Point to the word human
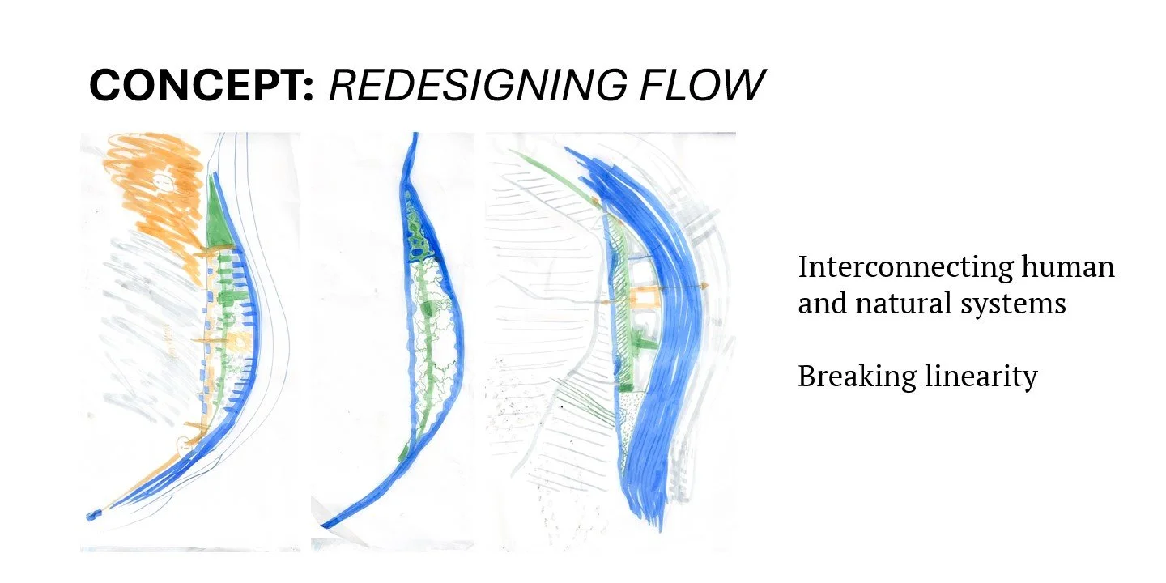point(1069,267)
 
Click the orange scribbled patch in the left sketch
point(154,194)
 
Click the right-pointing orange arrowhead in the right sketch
point(705,287)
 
